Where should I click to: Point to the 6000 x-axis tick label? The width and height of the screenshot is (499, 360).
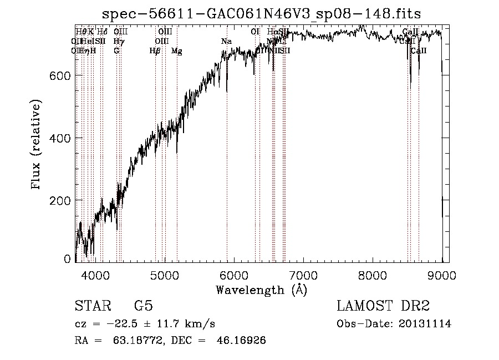(234, 274)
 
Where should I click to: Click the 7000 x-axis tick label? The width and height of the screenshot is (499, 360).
(303, 274)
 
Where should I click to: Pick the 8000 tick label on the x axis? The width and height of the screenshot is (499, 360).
(373, 274)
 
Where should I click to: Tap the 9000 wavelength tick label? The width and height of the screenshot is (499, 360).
(442, 274)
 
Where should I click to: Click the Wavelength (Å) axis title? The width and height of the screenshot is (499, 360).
(261, 290)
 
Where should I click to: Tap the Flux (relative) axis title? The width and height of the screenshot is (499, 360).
(37, 145)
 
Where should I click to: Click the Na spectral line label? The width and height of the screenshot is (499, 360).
(226, 42)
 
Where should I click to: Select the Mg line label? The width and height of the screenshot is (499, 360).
(176, 51)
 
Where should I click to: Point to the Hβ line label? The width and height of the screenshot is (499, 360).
(155, 51)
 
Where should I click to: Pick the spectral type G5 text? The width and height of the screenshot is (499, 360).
(143, 306)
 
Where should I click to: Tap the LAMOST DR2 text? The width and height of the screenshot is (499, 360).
(383, 306)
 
